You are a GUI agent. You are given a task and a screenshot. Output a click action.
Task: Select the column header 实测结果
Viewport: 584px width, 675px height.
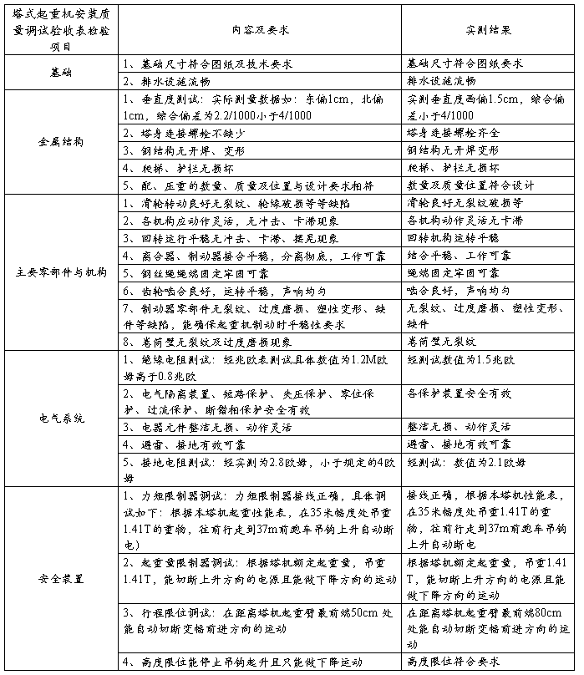pyautogui.click(x=488, y=29)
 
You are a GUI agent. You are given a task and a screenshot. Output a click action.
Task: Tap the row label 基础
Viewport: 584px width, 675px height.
pyautogui.click(x=61, y=73)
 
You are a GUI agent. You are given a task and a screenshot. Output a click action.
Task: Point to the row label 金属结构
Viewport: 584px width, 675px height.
pyautogui.click(x=61, y=141)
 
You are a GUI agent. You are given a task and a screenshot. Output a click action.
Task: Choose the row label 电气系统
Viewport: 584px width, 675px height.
pyautogui.click(x=61, y=418)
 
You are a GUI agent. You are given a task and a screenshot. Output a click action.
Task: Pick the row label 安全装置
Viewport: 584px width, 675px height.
pyautogui.click(x=61, y=577)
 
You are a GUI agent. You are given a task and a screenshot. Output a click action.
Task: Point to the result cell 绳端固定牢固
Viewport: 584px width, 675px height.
pyautogui.click(x=452, y=273)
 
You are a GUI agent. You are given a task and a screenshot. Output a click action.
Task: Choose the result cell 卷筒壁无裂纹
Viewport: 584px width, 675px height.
pyautogui.click(x=446, y=342)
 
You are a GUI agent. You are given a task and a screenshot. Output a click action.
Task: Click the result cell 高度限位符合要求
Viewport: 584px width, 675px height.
pyautogui.click(x=452, y=662)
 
